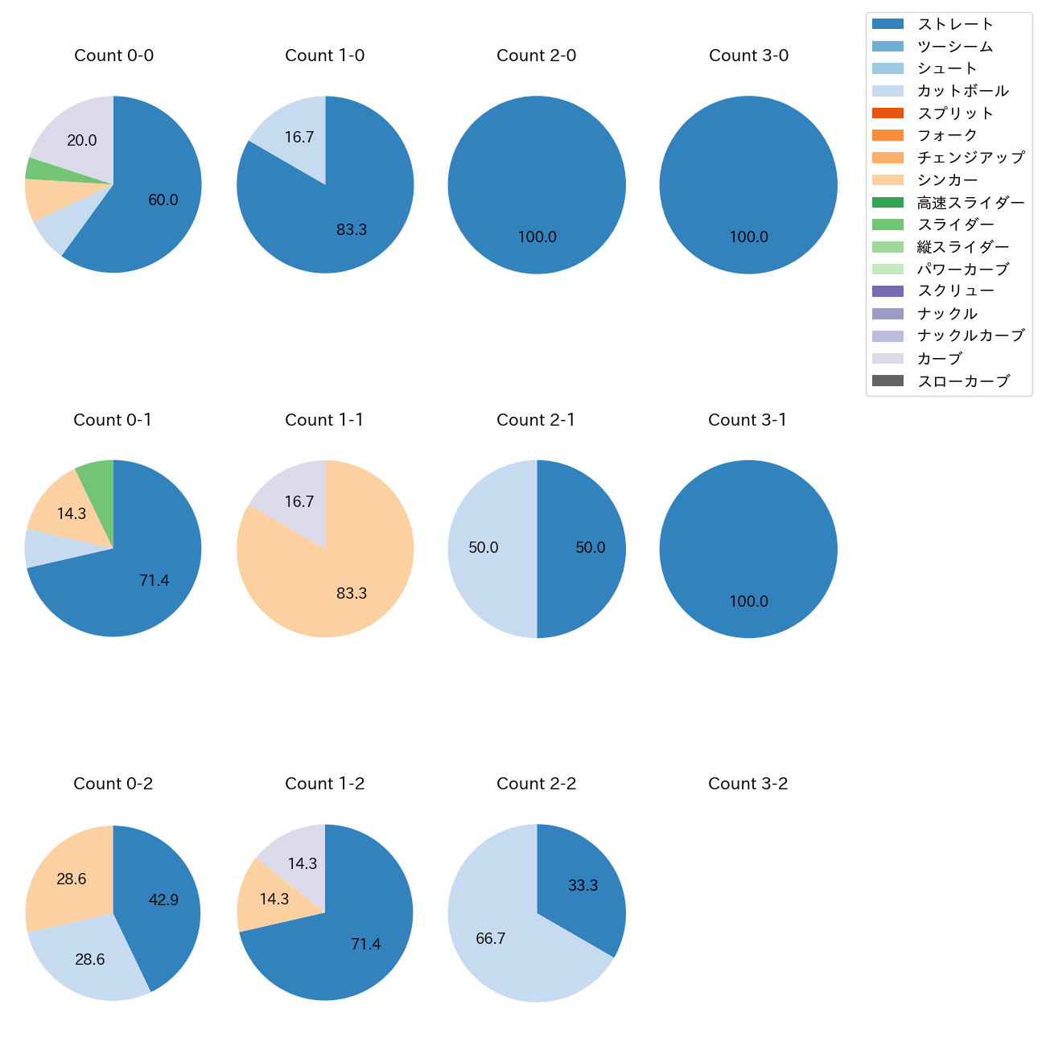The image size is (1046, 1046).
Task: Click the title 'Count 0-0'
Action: coord(113,56)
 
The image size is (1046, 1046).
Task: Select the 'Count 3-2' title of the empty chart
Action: coord(747,784)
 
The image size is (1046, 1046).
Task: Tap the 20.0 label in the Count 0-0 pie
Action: coord(81,141)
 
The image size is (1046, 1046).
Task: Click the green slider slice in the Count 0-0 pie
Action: coord(34,168)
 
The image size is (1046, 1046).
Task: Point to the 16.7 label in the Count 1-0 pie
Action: coord(299,138)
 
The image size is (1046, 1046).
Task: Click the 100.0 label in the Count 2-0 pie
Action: coord(537,237)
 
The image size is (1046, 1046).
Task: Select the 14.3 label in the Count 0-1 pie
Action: coord(71,513)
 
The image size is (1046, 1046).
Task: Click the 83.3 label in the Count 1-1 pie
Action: coord(352,594)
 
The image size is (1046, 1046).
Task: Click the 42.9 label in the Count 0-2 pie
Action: coord(163,900)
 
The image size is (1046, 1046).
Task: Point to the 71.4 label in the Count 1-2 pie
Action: coord(365,945)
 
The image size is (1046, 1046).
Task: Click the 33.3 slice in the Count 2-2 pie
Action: coord(583,886)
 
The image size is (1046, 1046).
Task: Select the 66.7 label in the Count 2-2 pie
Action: coord(490,939)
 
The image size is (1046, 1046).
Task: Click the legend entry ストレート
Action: coord(955,24)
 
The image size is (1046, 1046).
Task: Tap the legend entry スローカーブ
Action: coord(963,381)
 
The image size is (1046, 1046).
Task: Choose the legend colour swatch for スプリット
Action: coord(887,113)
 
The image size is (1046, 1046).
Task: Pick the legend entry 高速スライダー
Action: coord(970,203)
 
